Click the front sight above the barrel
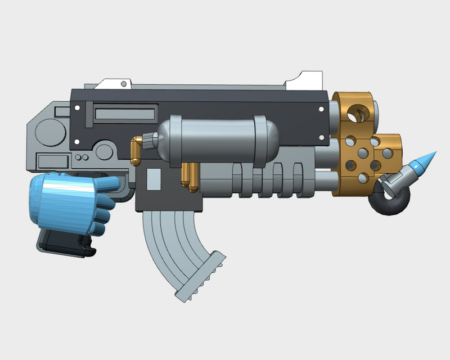pos(304,80)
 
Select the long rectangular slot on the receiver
pos(125,115)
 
